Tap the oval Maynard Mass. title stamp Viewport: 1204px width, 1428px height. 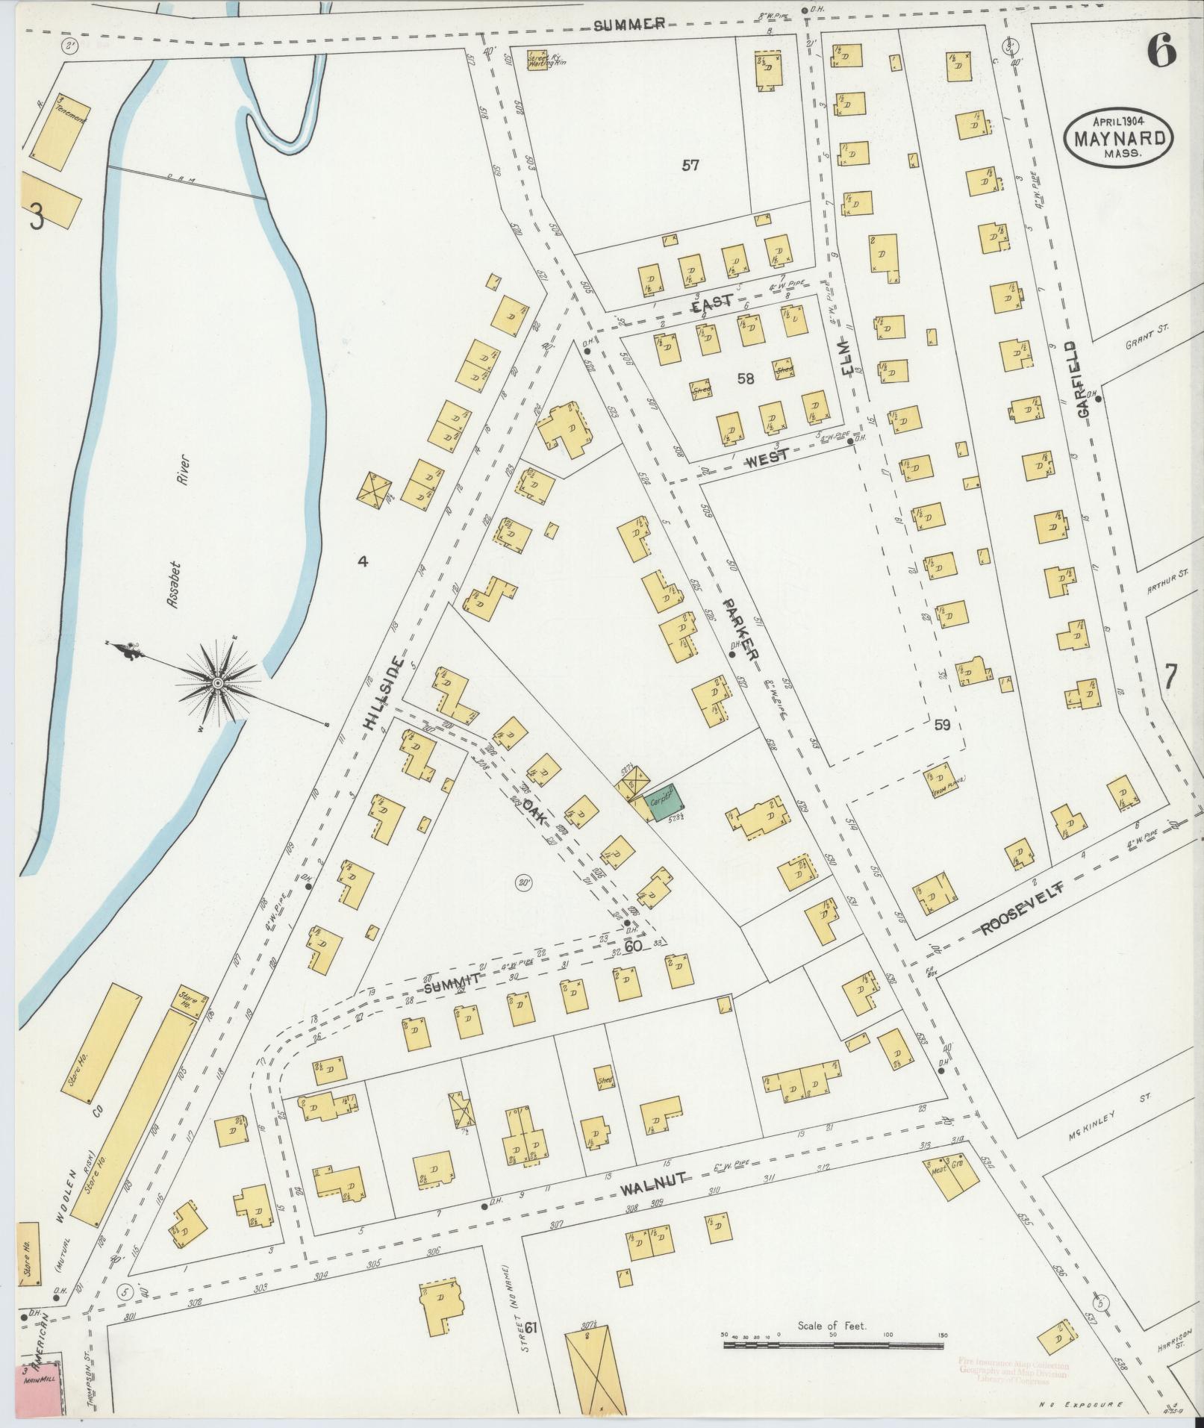[x=1119, y=137]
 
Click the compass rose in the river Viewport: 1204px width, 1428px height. [x=216, y=681]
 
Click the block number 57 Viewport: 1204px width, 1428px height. [x=690, y=166]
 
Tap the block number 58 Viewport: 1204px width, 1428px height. [x=745, y=379]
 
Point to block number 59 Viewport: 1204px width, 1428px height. [x=942, y=725]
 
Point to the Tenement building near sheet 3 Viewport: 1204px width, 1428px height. [x=56, y=131]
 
